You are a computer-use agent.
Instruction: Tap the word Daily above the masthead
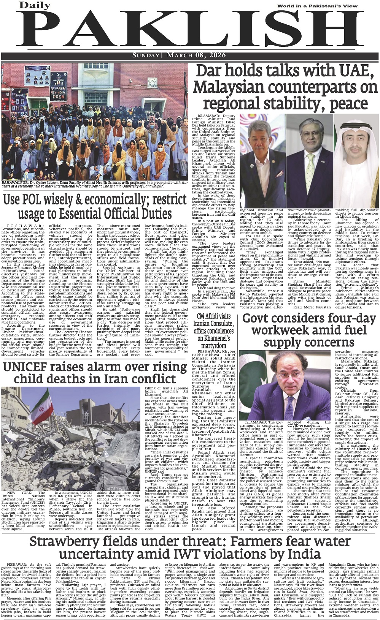(x=35, y=6)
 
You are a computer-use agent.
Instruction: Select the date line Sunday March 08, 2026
(x=190, y=56)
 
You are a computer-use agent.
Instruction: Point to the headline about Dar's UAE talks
(x=285, y=88)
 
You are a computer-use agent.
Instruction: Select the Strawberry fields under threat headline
(x=190, y=547)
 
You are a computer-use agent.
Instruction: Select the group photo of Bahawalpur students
(x=95, y=122)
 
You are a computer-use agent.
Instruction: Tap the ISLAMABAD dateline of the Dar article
(x=210, y=115)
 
